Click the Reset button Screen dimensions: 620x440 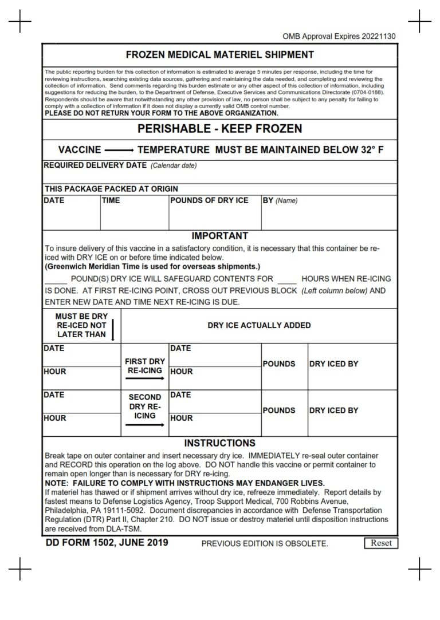[x=381, y=543]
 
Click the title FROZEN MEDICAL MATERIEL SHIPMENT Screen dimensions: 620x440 [x=220, y=55]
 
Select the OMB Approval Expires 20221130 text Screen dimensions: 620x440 [x=339, y=37]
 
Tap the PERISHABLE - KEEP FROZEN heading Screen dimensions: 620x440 [x=220, y=128]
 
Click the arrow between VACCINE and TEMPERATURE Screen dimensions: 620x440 [x=119, y=151]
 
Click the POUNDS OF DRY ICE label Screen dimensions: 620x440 [x=209, y=200]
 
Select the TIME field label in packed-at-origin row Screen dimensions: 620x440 [x=111, y=200]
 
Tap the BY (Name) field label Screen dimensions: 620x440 [x=280, y=200]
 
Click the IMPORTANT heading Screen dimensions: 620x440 [x=220, y=236]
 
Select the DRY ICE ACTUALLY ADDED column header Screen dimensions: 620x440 [x=259, y=325]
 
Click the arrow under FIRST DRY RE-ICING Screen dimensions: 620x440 [x=145, y=379]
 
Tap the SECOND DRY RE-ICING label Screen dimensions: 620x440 [x=145, y=406]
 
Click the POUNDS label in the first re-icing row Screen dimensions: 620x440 [x=278, y=364]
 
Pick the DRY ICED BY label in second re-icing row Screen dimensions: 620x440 [x=333, y=410]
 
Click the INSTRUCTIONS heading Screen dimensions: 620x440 [x=220, y=443]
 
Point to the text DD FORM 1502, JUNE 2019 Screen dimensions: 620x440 [x=107, y=542]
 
